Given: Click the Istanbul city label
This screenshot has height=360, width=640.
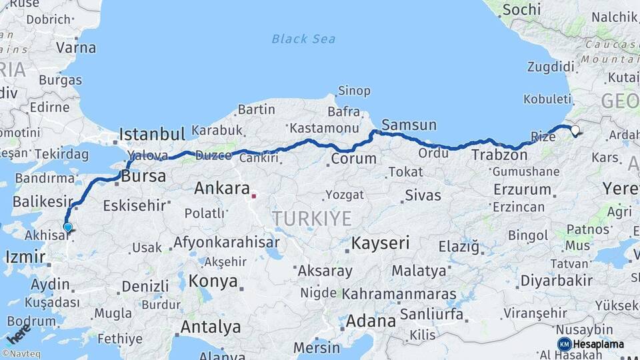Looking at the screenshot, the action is click(x=151, y=134).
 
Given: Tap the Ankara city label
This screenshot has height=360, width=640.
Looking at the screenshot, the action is click(x=222, y=189).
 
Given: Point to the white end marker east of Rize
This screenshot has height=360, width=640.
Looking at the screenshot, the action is click(x=575, y=131).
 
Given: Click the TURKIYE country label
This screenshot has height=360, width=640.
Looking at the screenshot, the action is click(x=311, y=218).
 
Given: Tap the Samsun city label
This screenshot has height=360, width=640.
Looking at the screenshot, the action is click(x=409, y=125).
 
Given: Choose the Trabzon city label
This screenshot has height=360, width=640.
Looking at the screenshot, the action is click(x=499, y=155).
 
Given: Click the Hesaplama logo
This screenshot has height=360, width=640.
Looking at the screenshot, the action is click(x=591, y=344).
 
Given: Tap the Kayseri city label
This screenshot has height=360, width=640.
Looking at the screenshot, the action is click(x=380, y=243).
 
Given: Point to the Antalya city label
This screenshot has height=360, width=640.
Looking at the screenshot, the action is click(x=211, y=327).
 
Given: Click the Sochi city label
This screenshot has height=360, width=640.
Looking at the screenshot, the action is click(x=521, y=9).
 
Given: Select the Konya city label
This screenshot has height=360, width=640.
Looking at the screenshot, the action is click(x=213, y=281).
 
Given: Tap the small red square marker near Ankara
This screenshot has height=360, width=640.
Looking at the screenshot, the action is click(x=253, y=196).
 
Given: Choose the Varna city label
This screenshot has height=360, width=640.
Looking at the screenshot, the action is click(x=75, y=48).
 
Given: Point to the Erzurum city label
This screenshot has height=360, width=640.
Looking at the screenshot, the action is click(x=522, y=189).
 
